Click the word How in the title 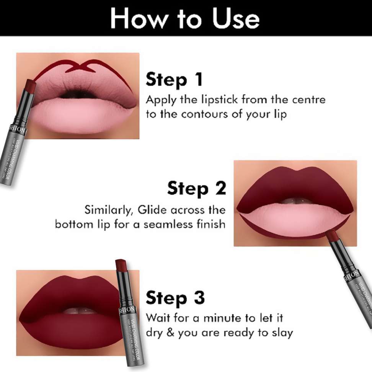point(135,18)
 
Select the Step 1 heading point(174,80)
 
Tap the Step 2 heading point(197,189)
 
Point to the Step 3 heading point(175,298)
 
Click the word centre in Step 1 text point(308,100)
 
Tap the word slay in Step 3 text point(281,333)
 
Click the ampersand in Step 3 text point(171,333)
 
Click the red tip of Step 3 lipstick point(121,264)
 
